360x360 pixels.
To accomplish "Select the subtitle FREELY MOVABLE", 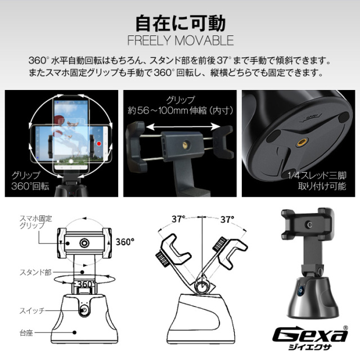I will (180, 41).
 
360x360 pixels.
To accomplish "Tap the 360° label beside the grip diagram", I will (125, 242).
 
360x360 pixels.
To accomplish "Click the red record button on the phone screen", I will (99, 143).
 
